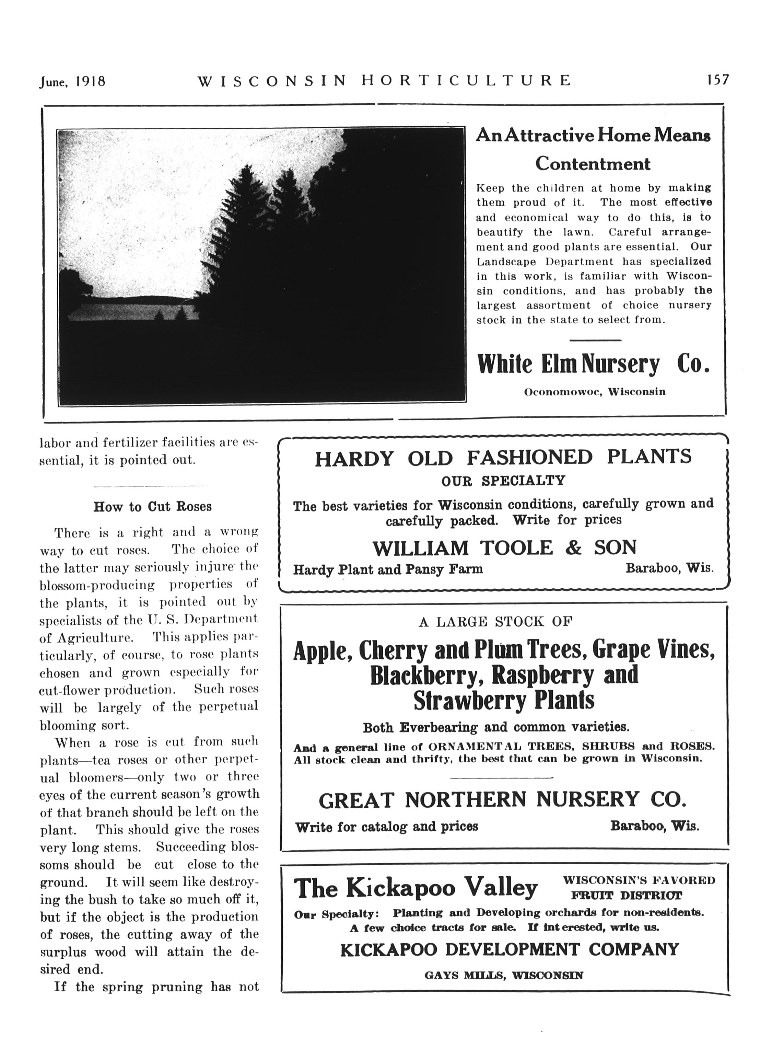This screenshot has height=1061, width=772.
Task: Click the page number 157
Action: (x=717, y=80)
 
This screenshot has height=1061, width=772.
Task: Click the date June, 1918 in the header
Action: (x=72, y=82)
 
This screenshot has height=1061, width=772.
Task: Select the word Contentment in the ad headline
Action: (x=593, y=164)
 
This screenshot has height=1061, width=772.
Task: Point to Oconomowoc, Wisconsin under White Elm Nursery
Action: (x=594, y=392)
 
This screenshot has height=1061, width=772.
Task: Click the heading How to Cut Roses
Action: (x=152, y=507)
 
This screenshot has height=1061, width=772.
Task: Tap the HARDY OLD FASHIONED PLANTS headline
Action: (x=503, y=457)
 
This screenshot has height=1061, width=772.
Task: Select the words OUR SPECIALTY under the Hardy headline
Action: (x=503, y=481)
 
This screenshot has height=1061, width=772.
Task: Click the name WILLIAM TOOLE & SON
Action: (x=504, y=547)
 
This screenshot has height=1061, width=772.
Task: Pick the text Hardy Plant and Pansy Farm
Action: (x=388, y=569)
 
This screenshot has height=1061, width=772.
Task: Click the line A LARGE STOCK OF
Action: (x=496, y=622)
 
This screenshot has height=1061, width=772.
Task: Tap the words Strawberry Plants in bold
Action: (x=504, y=700)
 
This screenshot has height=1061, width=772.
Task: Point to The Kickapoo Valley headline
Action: (x=416, y=888)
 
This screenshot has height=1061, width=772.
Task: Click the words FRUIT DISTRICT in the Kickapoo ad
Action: (x=626, y=896)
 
